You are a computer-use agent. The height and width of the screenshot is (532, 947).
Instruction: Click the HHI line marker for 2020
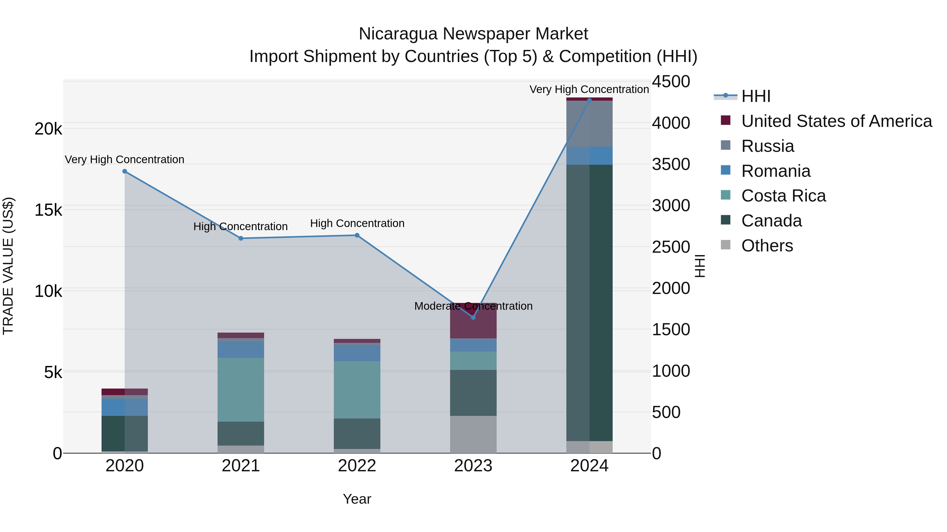125,172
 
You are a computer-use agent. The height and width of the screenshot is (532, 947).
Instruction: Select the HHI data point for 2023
473,317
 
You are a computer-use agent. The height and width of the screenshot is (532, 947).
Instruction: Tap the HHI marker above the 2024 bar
589,100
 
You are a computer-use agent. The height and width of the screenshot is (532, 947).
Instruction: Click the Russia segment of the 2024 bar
589,123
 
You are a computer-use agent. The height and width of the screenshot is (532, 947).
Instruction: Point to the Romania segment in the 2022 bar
357,353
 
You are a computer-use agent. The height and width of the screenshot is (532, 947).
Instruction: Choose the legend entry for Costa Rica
783,196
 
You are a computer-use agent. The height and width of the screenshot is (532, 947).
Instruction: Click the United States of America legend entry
836,121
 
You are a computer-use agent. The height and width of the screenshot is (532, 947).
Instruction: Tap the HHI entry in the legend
755,96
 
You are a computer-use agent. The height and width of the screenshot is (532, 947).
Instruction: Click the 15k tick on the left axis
48,210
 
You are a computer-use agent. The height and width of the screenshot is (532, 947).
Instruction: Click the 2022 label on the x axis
357,466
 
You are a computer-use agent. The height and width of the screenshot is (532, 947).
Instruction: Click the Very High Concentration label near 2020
125,159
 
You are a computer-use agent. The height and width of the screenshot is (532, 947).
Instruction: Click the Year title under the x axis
357,499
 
